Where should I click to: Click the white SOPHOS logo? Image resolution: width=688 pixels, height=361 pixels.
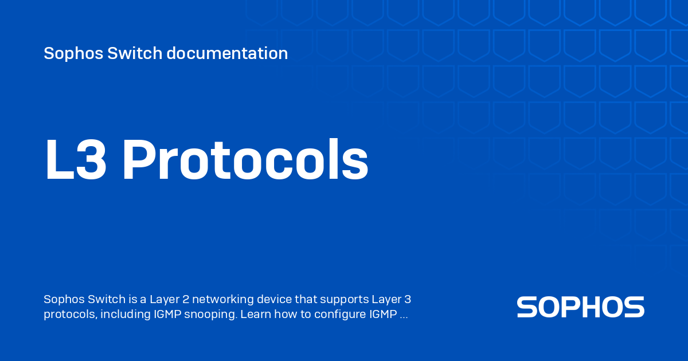[580, 307]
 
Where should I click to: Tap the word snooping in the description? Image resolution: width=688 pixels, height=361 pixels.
[209, 315]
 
